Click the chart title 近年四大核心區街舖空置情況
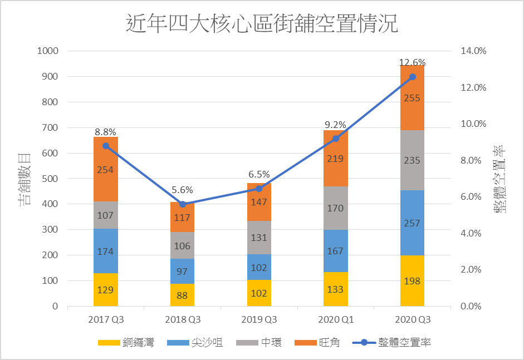coord(262,25)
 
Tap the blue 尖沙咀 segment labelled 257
coord(412,223)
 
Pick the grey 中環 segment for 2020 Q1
coord(335,208)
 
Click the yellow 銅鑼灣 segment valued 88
coord(182,295)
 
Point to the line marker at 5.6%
coord(182,204)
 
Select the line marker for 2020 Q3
coord(413,77)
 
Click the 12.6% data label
coord(412,62)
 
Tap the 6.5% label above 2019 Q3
coord(259,174)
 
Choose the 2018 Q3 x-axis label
coord(182,320)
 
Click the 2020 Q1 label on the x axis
coord(336,320)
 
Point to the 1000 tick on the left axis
coord(47,51)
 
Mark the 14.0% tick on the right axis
coord(473,51)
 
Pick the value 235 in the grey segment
coord(412,160)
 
